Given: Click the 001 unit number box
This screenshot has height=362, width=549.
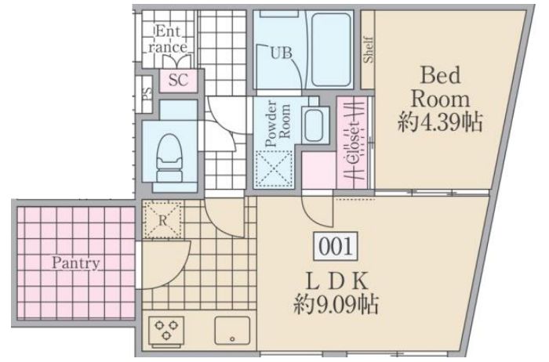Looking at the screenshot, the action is click(x=336, y=246).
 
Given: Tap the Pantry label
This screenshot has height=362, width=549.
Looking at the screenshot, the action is click(x=75, y=263).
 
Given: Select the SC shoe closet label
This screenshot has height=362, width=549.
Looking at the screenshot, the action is click(x=178, y=80).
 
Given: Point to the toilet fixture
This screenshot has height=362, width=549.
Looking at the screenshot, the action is click(x=169, y=158).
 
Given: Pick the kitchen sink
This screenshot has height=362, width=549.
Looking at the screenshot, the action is click(x=232, y=331).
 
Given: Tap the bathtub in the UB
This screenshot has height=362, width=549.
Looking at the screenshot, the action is click(x=331, y=49).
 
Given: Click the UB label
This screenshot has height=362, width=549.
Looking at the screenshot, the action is click(x=281, y=53).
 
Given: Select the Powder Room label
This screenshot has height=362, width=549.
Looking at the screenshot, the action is click(x=278, y=123).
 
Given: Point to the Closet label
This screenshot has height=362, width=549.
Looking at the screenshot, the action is click(x=354, y=144).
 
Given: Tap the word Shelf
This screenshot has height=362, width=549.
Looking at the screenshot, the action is click(x=368, y=49).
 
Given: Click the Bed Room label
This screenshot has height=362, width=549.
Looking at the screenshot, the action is click(x=440, y=87).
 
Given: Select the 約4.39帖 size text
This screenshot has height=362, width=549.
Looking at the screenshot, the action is click(x=440, y=122).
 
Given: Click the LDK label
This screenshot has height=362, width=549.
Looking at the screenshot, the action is click(x=336, y=281).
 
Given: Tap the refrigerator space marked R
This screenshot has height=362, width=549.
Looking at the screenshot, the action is click(x=163, y=220).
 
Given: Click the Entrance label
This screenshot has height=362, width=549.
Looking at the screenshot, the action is click(x=167, y=39).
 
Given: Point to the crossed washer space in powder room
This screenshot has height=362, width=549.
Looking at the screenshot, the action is click(x=274, y=169).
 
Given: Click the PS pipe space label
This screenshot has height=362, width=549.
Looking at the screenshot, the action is click(x=147, y=94).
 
